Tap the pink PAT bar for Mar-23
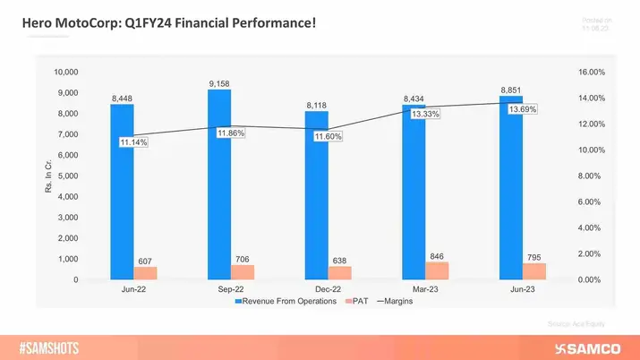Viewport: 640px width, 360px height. (437, 270)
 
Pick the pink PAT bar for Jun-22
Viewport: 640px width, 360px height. (146, 273)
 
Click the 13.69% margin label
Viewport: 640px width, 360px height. (523, 109)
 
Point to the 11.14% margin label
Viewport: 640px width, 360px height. (133, 142)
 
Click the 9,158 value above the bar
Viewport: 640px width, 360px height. (219, 83)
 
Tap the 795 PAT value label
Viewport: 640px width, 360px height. (533, 256)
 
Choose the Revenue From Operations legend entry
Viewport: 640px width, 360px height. (286, 301)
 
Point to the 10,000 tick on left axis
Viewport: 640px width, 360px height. (66, 72)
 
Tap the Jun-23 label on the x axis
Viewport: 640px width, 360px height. (522, 290)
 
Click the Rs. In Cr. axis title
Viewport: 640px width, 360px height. (47, 176)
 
